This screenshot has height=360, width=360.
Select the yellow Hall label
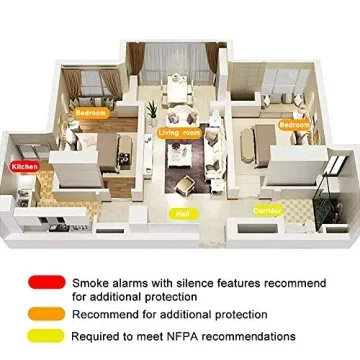pos(182,213)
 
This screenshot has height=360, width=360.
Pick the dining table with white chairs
pos(181,91)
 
